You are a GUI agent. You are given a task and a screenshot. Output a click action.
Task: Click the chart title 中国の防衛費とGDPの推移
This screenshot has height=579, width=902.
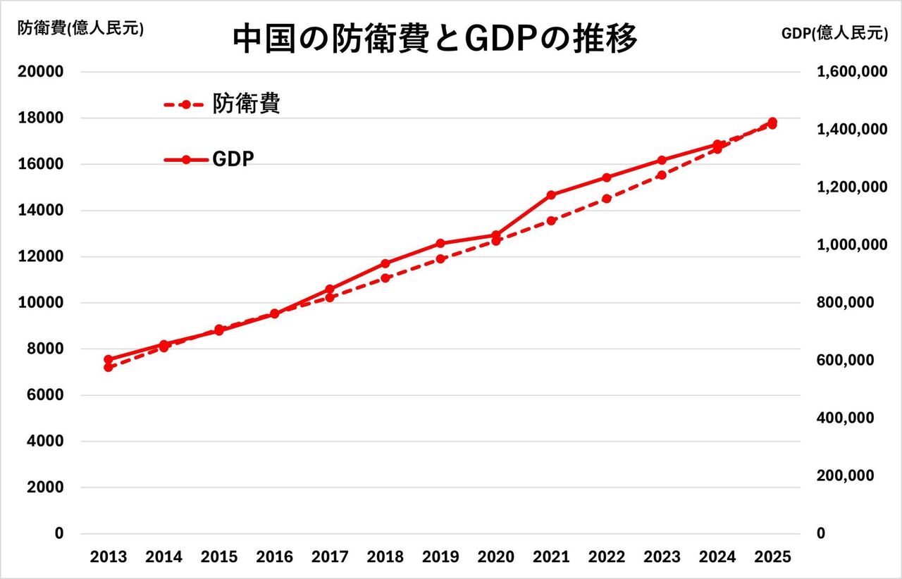pyautogui.click(x=435, y=39)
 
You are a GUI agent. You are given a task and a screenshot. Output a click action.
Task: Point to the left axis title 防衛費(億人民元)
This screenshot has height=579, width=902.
pyautogui.click(x=80, y=28)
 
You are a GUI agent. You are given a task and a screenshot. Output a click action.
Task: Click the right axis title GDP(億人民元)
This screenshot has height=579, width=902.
pyautogui.click(x=835, y=32)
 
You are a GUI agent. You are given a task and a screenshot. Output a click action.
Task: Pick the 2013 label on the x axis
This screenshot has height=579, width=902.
pyautogui.click(x=109, y=557)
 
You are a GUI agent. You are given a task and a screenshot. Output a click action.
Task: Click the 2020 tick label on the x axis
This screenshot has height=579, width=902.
pyautogui.click(x=496, y=557)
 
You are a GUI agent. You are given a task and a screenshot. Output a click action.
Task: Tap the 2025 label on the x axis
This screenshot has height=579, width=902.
pyautogui.click(x=773, y=557)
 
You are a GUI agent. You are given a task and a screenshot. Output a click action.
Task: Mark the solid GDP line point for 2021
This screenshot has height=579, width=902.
pyautogui.click(x=551, y=195)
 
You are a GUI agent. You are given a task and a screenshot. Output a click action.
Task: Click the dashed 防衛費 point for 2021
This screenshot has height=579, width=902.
pyautogui.click(x=551, y=221)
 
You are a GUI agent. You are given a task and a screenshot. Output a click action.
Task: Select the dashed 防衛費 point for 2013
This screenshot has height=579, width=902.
pyautogui.click(x=109, y=367)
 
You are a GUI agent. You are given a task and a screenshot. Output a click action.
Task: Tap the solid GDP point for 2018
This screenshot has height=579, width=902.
pyautogui.click(x=385, y=263)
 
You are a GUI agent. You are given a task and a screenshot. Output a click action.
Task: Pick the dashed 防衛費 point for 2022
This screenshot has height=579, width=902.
pyautogui.click(x=607, y=199)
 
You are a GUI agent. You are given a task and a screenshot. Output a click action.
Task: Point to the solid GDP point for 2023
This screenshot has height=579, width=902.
pyautogui.click(x=662, y=161)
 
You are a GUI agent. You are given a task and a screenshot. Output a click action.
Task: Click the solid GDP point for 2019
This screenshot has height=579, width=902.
pyautogui.click(x=440, y=244)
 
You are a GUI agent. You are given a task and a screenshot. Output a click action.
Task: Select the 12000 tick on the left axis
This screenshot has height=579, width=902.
pyautogui.click(x=44, y=256)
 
